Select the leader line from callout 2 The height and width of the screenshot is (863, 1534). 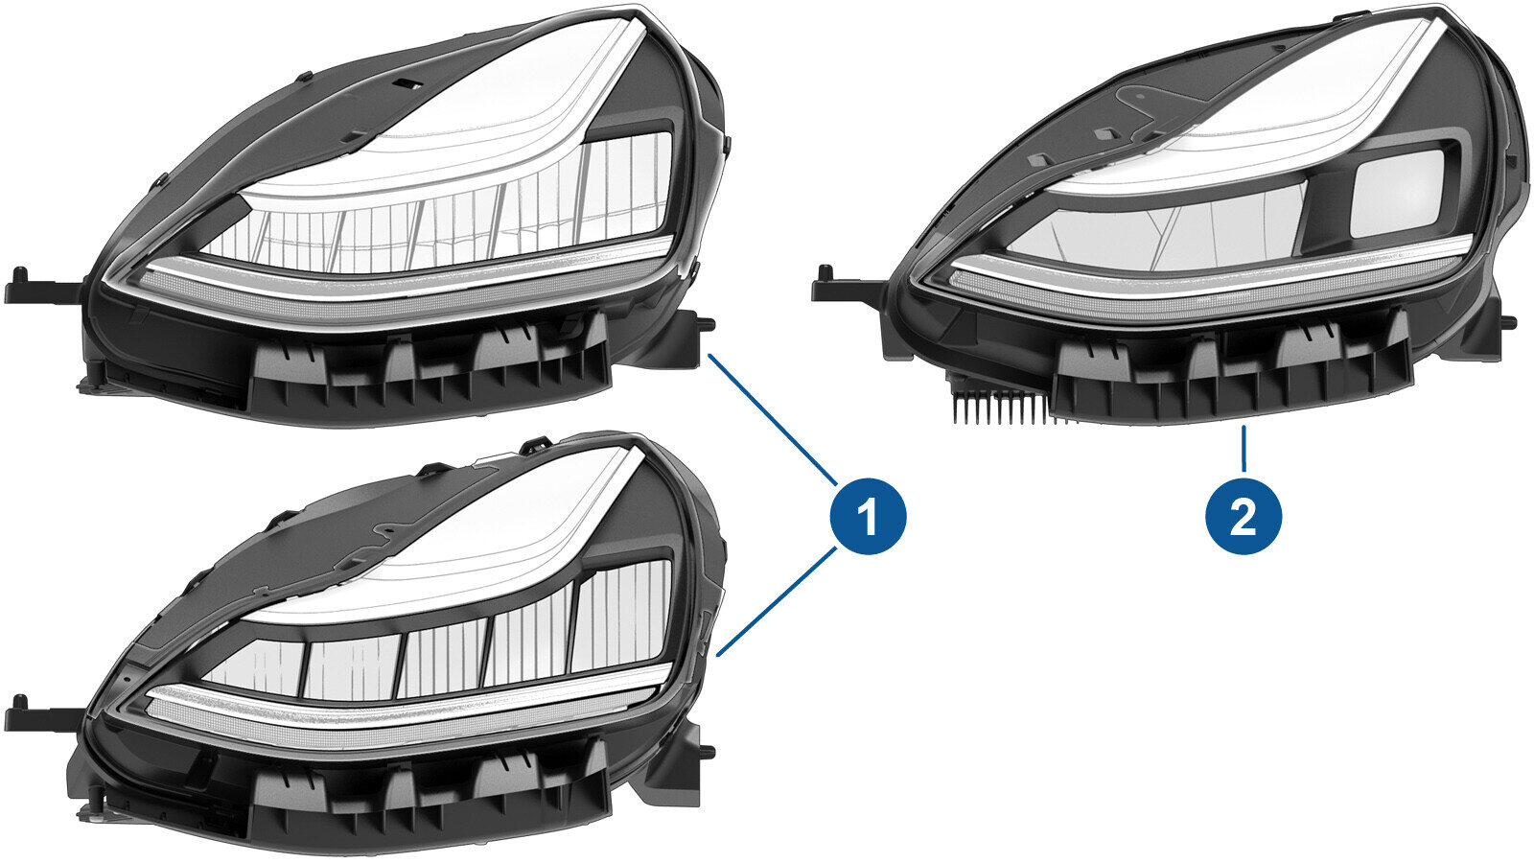(1243, 449)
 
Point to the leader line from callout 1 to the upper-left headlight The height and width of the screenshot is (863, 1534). (774, 419)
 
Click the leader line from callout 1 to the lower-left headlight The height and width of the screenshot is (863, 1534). (777, 601)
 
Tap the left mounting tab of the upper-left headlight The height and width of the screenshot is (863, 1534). (42, 288)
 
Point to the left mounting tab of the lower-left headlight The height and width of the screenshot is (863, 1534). (42, 714)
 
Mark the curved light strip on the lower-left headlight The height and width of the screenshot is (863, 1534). (404, 711)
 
